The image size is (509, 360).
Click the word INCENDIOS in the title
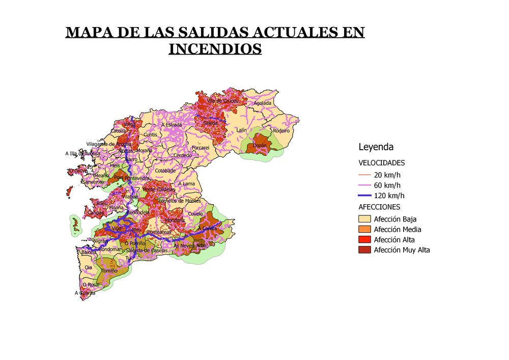coord(215,49)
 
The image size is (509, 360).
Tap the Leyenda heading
coord(376,147)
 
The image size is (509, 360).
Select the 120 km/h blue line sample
coord(364,196)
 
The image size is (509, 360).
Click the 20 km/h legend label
coord(387,175)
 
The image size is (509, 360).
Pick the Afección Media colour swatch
coord(364,230)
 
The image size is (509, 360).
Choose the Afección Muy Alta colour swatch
coord(364,250)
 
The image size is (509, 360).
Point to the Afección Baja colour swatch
coord(364,219)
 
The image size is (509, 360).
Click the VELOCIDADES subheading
coord(382,163)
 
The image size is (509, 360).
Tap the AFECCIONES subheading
coord(379,207)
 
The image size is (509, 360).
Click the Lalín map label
coord(241,130)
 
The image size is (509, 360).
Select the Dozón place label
coord(260,146)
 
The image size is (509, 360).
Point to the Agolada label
coord(263,103)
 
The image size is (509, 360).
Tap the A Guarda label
coord(84,293)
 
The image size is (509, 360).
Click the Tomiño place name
coord(109,271)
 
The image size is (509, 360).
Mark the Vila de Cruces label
coord(222,101)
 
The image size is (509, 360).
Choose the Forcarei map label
coord(201,148)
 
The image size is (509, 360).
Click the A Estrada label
coord(171,125)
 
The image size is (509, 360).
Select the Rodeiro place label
coord(281,130)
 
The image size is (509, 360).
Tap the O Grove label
coord(78,171)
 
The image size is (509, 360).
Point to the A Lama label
coord(186,183)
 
